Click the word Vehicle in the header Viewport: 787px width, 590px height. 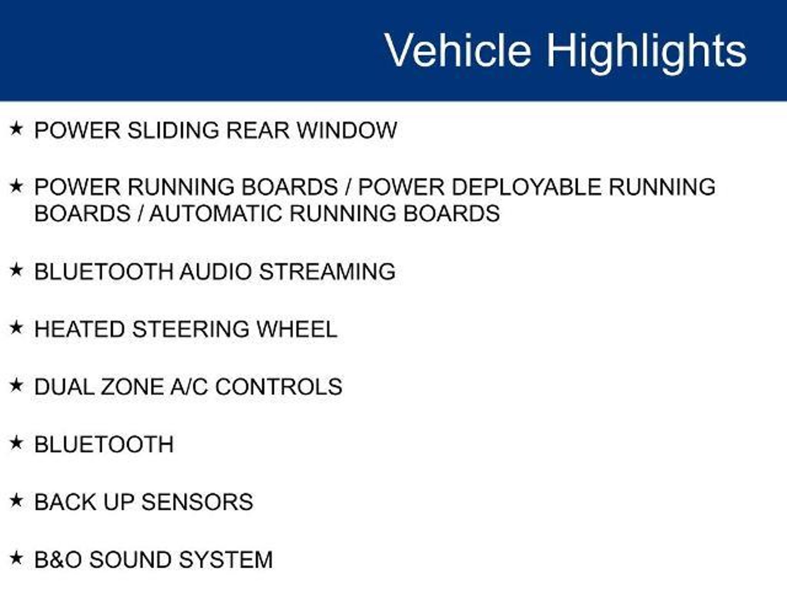458,50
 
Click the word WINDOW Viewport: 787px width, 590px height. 347,130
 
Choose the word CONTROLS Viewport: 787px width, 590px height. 279,387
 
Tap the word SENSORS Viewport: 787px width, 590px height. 198,502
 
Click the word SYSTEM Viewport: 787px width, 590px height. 226,560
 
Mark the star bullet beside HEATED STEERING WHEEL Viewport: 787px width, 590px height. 16,328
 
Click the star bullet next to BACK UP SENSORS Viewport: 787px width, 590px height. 16,501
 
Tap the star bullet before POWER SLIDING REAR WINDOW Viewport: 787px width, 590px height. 16,129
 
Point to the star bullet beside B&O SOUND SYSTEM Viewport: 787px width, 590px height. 16,558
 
